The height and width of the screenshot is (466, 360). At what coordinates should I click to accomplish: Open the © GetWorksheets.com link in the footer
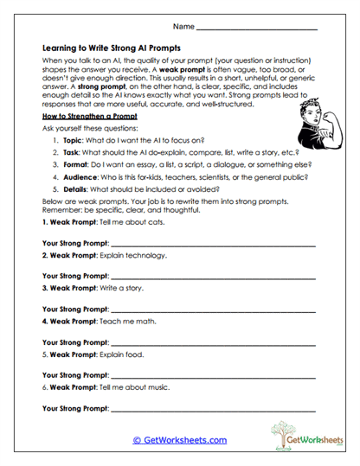[180, 439]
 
